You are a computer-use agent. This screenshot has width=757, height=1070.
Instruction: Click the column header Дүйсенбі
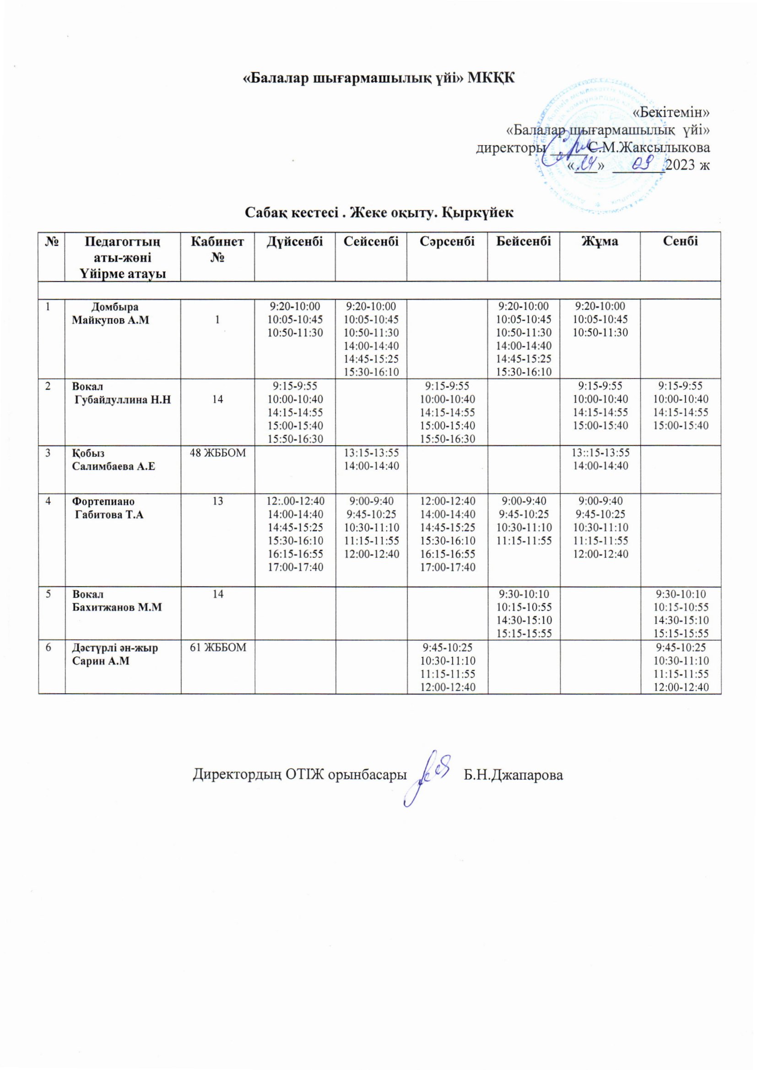tap(294, 241)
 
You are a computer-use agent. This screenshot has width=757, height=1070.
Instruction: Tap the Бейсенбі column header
tap(523, 241)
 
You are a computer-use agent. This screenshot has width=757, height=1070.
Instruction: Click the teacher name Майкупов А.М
tap(110, 320)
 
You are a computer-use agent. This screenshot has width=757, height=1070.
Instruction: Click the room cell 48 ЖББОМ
tap(217, 453)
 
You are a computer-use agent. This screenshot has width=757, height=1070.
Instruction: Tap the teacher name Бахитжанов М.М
tap(117, 607)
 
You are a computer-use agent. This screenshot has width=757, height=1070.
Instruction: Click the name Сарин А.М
tap(100, 661)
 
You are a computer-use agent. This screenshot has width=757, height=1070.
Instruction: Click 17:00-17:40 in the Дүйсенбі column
tap(295, 567)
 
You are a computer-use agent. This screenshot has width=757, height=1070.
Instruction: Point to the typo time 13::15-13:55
tap(600, 453)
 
